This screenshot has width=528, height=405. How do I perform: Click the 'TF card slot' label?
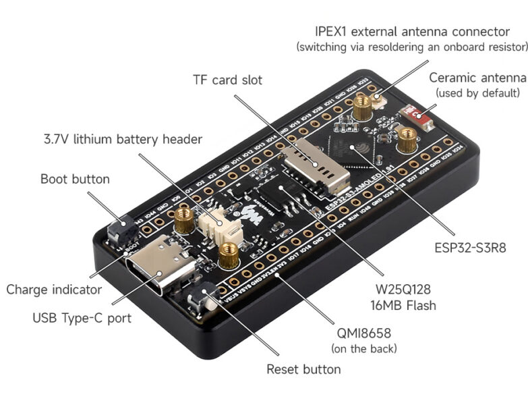(228, 80)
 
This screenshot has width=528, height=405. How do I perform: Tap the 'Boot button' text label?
(74, 179)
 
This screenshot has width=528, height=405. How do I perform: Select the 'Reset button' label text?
(303, 369)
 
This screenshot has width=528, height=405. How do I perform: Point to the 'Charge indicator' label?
(54, 290)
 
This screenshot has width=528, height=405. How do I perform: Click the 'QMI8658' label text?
(363, 333)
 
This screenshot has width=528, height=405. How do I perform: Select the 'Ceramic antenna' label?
(477, 78)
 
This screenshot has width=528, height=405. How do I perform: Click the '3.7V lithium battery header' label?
(123, 139)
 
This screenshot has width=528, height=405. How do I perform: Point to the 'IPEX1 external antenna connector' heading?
(412, 32)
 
